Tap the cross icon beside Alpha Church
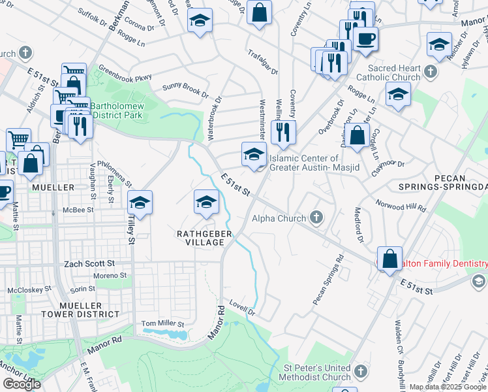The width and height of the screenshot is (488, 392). (x=316, y=218)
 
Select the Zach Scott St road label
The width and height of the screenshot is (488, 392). (x=89, y=263)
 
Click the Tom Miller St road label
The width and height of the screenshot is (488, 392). (x=163, y=323)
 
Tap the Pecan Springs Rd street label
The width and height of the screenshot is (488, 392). (x=328, y=280)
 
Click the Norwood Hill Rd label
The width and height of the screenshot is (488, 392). (x=401, y=206)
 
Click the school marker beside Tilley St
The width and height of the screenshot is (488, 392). (x=140, y=203)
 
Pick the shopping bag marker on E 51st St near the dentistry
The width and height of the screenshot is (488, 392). (x=389, y=259)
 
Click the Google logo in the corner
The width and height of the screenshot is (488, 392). (x=22, y=384)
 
